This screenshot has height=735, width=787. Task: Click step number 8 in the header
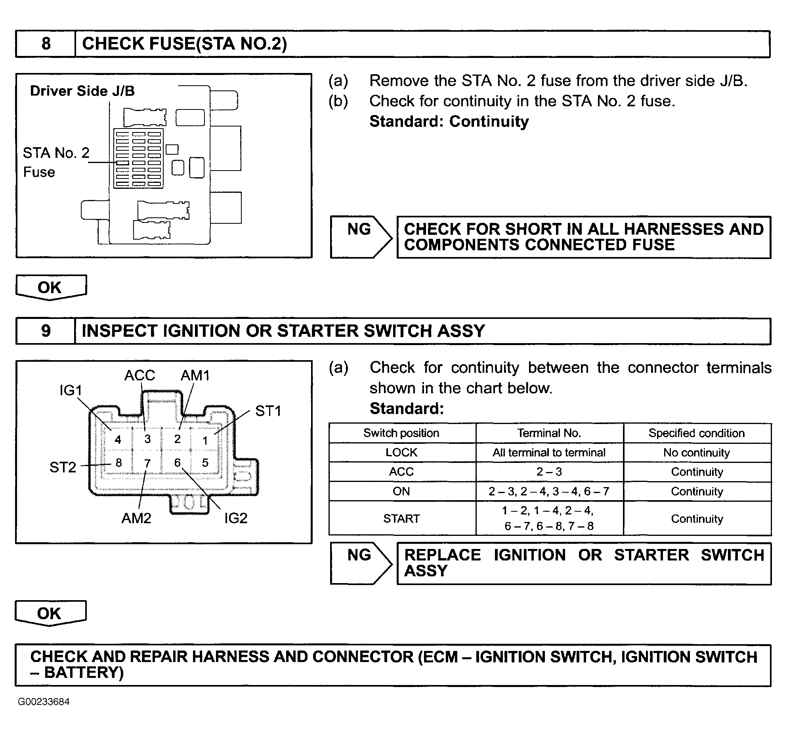coord(46,44)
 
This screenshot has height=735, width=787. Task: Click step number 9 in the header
coord(46,331)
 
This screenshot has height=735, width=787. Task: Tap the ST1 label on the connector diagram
coord(268,411)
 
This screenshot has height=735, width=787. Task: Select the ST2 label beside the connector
coord(63,467)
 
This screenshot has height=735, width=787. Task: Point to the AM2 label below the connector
coord(136,518)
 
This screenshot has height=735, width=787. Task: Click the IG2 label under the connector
coord(236,518)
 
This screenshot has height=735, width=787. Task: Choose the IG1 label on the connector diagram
coord(71,390)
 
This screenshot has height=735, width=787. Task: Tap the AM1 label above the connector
coord(195,375)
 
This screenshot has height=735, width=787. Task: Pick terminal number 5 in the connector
coord(205,463)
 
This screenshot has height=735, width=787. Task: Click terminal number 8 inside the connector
coord(118,463)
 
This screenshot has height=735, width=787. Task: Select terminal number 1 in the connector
coord(205,440)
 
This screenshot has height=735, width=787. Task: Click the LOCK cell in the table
coord(401,453)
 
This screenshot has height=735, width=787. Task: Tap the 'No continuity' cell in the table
coord(697,453)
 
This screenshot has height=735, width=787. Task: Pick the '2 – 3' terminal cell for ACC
coord(549,472)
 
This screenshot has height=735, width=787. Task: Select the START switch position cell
coord(401,518)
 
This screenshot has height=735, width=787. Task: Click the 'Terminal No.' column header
coord(549,433)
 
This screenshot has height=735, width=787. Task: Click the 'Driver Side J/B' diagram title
coord(82,91)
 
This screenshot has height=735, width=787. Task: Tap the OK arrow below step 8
coord(50,287)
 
